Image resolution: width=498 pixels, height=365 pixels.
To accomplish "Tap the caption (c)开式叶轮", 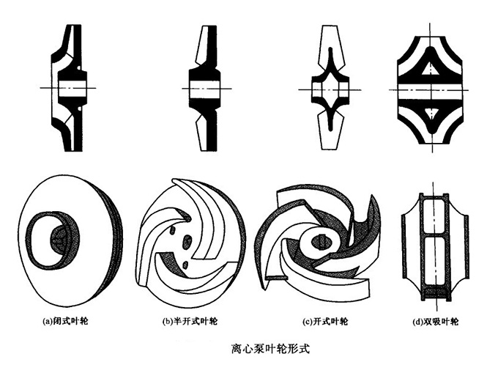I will tap(323, 321).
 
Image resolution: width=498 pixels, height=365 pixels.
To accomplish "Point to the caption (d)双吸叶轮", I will tap(434, 321).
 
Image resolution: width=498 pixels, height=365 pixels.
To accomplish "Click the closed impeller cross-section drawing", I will tap(67, 88).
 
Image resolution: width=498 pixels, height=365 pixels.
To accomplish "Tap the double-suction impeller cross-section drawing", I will tap(432, 88).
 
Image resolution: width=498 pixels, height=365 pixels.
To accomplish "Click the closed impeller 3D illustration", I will tap(70, 242).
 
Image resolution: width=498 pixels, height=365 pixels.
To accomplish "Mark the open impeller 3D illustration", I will tap(322, 238).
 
